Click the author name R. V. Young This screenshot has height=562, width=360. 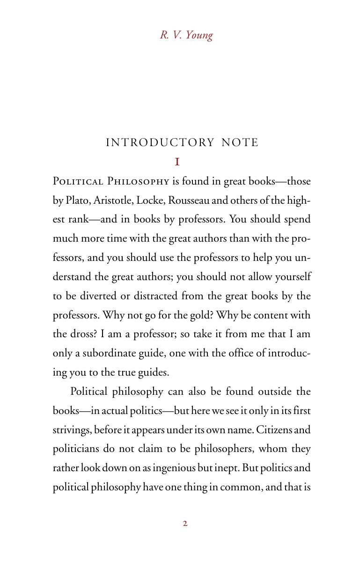coord(186,36)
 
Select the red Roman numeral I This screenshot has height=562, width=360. coord(177,162)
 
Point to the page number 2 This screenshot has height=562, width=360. coord(185,524)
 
